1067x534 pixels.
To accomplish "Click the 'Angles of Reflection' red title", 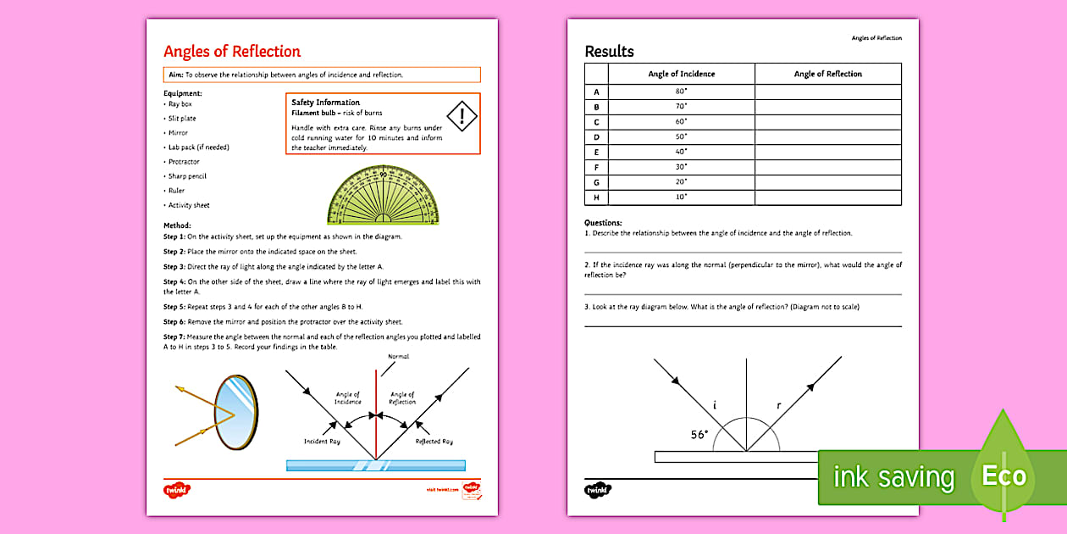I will pos(231,52).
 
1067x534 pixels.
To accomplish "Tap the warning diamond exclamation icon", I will pos(462,116).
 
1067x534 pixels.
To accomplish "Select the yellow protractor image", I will pos(384,196).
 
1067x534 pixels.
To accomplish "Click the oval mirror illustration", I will pos(235,413).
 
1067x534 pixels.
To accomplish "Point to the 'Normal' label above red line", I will pos(397,357).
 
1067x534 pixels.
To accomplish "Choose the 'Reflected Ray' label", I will pos(434,442).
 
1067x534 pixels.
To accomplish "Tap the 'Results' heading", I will pos(609,52).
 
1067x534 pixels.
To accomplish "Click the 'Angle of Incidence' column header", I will pos(681,74).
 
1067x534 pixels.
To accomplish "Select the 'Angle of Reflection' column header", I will pos(827,74).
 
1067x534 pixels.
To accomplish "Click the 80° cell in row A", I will pos(681,92).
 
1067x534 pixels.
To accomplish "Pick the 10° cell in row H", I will pos(681,197).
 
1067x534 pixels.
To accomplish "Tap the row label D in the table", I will pos(596,137).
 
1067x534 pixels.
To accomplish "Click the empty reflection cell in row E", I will pos(827,152).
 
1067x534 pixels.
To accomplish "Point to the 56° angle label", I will pos(699,435).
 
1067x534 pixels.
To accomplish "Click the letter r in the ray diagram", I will pos(778,406).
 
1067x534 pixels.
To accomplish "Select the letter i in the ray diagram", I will pos(715,406).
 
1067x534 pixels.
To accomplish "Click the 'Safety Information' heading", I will pos(325,103).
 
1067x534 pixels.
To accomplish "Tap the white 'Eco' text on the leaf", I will pos(1003,476).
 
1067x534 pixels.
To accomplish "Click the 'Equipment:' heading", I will pos(182,93).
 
